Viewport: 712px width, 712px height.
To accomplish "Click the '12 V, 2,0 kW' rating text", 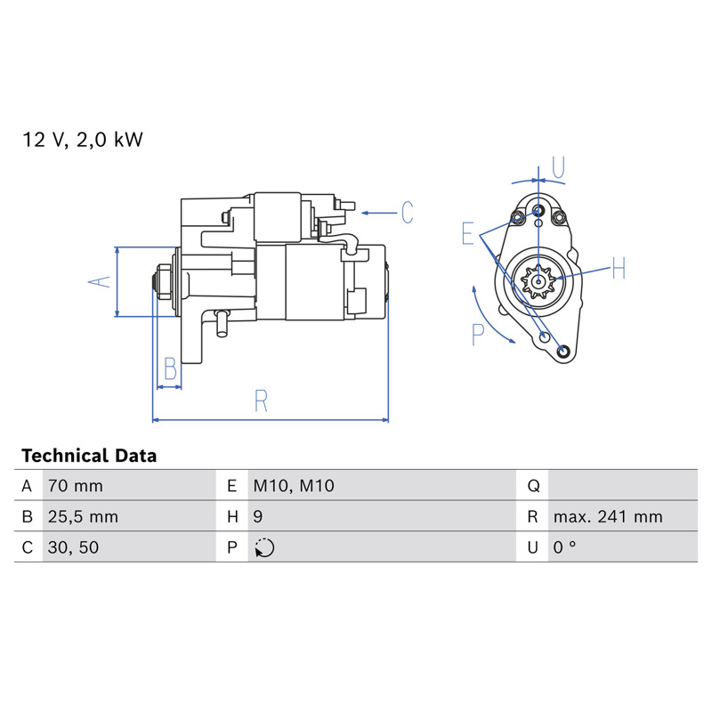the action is click(83, 140).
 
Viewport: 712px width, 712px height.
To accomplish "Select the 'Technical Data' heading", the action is click(89, 456).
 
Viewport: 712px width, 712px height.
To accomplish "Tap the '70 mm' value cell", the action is click(76, 486).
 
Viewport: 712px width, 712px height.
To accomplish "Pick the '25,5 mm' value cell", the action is click(83, 517).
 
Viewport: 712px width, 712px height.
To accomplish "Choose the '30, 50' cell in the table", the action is click(73, 547).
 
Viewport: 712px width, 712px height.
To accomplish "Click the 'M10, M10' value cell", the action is click(294, 486).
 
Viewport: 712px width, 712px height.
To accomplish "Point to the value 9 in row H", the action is click(258, 517).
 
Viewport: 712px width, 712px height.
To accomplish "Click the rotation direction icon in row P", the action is click(264, 547).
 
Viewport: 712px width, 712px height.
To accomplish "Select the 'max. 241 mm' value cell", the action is click(608, 517).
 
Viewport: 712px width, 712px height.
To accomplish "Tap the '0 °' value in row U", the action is click(564, 547).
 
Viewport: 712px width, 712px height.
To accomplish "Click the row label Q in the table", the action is click(533, 486).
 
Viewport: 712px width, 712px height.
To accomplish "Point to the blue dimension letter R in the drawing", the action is click(261, 400).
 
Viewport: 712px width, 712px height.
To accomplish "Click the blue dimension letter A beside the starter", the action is click(100, 281).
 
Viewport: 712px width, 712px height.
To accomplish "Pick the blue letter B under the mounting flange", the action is click(170, 368).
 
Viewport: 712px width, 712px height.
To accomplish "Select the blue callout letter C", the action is click(408, 212).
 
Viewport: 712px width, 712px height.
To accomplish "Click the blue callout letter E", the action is click(468, 234).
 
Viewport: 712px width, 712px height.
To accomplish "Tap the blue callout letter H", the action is click(619, 268).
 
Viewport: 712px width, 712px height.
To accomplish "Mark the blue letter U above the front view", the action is click(559, 166).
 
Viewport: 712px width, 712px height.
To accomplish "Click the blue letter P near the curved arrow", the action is click(478, 335).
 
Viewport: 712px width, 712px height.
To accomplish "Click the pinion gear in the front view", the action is click(538, 281).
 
